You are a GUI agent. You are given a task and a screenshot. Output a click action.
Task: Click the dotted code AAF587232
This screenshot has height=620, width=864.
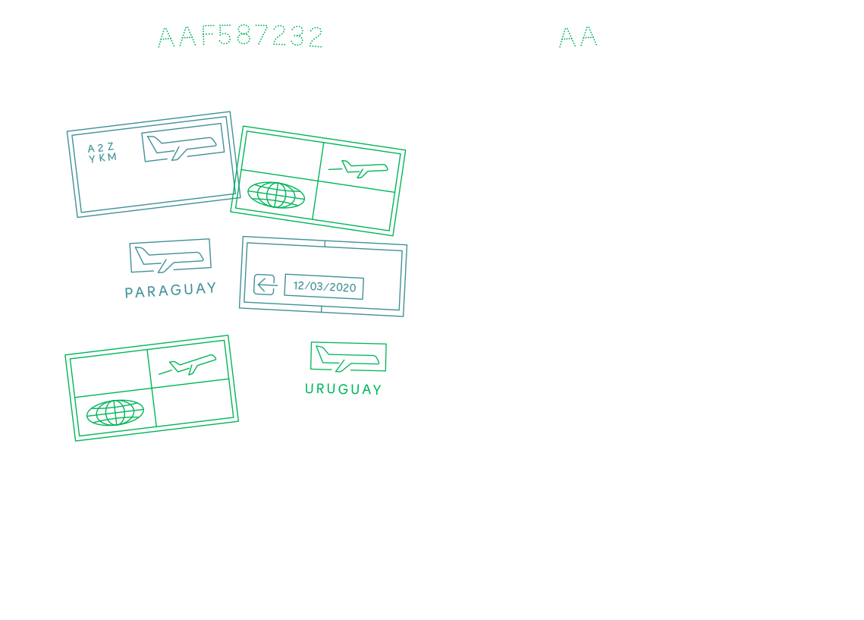point(240,36)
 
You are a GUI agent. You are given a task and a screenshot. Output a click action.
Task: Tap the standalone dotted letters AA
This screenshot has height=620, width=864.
point(578,37)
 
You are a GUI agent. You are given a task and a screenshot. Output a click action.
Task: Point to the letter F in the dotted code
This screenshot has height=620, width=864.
point(208,36)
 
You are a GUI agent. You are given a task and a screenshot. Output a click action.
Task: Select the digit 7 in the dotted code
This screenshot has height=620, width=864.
point(262,36)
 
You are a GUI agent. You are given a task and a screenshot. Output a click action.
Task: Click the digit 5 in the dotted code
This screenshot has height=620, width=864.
point(225,36)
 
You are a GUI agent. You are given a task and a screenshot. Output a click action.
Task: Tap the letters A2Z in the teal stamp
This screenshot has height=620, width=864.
point(101,148)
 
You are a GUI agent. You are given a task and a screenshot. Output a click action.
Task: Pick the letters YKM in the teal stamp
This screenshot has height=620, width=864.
point(103,158)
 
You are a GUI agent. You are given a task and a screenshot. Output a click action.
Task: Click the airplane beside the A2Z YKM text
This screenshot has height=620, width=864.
point(182,147)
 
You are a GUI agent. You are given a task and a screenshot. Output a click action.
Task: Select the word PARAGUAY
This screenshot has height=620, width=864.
point(170,290)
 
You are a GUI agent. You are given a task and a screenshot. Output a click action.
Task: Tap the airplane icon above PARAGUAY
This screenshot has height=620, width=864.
point(170,260)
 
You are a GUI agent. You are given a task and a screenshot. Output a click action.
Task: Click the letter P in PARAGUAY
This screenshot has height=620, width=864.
point(128,293)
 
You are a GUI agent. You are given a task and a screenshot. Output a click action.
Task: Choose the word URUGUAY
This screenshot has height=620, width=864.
point(344,389)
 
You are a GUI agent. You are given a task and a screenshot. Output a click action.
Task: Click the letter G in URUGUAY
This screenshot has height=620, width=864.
point(344,389)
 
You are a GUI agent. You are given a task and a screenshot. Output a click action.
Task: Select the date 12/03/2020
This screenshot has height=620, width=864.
point(325,287)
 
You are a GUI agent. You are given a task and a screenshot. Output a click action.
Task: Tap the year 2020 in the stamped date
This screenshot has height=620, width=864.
point(343,287)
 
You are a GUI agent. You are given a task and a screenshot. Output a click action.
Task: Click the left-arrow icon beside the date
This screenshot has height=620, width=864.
point(265,285)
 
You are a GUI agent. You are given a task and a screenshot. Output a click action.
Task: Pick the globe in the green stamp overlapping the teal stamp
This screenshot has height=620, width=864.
point(276,194)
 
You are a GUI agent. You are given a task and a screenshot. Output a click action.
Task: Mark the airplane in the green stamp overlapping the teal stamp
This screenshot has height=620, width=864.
point(359,168)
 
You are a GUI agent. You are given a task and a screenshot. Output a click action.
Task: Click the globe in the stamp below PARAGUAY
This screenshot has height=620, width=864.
point(115,412)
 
